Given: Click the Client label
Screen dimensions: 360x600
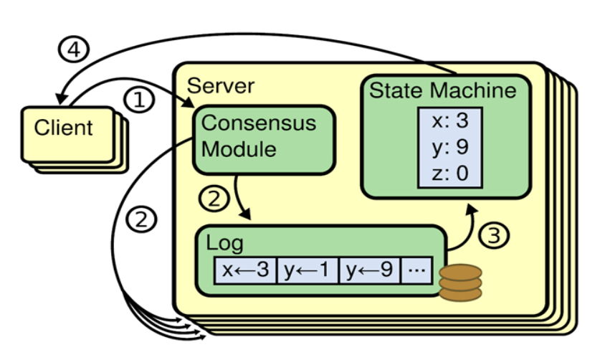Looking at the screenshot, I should [x=64, y=128].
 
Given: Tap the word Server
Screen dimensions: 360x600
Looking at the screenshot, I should [x=221, y=87].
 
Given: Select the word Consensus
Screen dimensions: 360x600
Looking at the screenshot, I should [x=259, y=122].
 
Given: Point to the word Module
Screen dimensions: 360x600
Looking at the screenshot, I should [x=239, y=149].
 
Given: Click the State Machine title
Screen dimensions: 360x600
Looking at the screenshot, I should [x=442, y=91].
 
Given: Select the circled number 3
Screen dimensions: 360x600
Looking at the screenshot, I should [x=491, y=235].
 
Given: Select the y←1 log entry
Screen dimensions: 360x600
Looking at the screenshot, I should [x=307, y=271].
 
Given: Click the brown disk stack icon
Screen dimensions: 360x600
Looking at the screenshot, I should [x=460, y=283].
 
